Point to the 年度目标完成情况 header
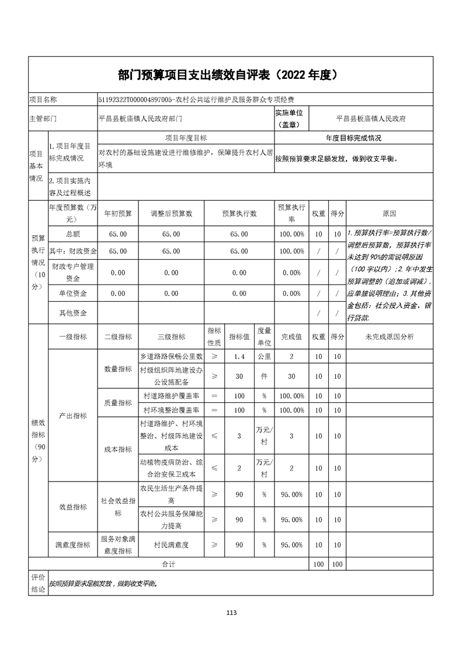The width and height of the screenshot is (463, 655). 353,138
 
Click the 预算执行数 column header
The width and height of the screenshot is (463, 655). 239,214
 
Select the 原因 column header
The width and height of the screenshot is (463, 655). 389,214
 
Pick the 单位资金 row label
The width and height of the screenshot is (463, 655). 73,294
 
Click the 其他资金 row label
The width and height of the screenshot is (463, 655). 73,313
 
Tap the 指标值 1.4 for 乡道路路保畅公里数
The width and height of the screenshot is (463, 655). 239,356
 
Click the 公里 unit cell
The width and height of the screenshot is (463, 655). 264,356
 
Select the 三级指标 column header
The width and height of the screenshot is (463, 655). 171,337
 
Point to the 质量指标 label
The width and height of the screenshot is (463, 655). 117,403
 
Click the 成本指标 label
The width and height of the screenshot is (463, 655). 117,450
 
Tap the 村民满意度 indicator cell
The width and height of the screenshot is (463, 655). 171,545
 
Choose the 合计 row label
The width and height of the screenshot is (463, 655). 169,565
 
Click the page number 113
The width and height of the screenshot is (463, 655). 231,612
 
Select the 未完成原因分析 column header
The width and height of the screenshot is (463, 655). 389,337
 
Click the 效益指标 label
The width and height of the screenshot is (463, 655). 73,507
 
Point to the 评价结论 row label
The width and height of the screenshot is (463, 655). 38,583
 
